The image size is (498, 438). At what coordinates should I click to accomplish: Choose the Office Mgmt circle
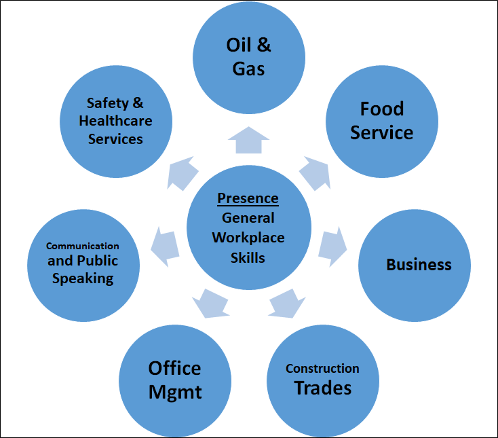pos(175,380)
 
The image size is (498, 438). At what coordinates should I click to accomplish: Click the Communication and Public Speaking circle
pos(83,261)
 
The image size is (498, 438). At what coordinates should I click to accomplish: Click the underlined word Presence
pos(248,199)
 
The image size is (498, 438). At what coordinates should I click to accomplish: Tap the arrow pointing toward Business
pos(332,244)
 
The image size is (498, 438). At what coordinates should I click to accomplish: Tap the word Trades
pos(322,388)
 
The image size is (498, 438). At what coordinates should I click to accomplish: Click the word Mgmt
pos(175,392)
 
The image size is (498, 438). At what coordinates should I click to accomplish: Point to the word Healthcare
pos(115,121)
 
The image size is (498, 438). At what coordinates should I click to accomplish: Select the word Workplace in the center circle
pos(248,238)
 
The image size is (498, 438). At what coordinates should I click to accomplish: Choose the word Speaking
pos(83,278)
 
